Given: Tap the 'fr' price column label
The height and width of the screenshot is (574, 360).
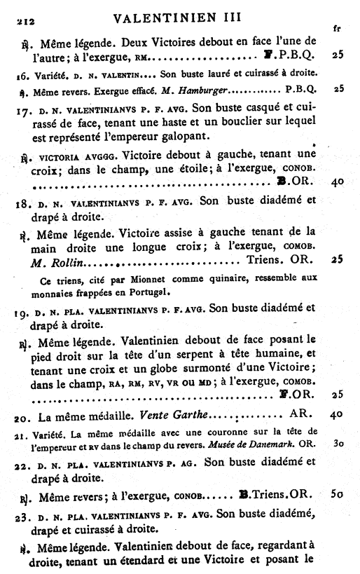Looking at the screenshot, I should [x=337, y=29].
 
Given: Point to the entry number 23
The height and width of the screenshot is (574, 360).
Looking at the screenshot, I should [x=22, y=514].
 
